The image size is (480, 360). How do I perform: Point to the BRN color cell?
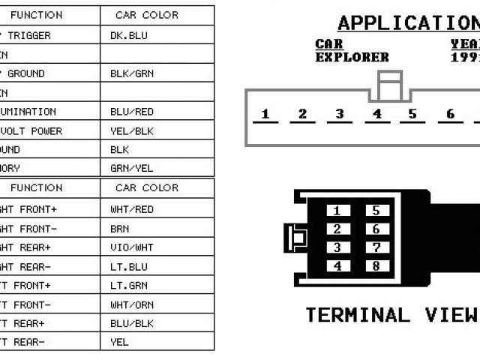click(119, 229)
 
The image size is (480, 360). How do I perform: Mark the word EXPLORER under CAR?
click(352, 57)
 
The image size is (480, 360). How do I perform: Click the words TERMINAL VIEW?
click(391, 315)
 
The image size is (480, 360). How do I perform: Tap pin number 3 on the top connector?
click(339, 115)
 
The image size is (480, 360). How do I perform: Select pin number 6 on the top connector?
click(450, 115)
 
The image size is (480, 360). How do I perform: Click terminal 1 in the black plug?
click(337, 211)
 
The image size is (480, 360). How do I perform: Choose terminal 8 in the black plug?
click(376, 266)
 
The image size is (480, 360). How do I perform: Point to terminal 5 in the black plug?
click(376, 211)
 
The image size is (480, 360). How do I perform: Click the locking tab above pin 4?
click(389, 85)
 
